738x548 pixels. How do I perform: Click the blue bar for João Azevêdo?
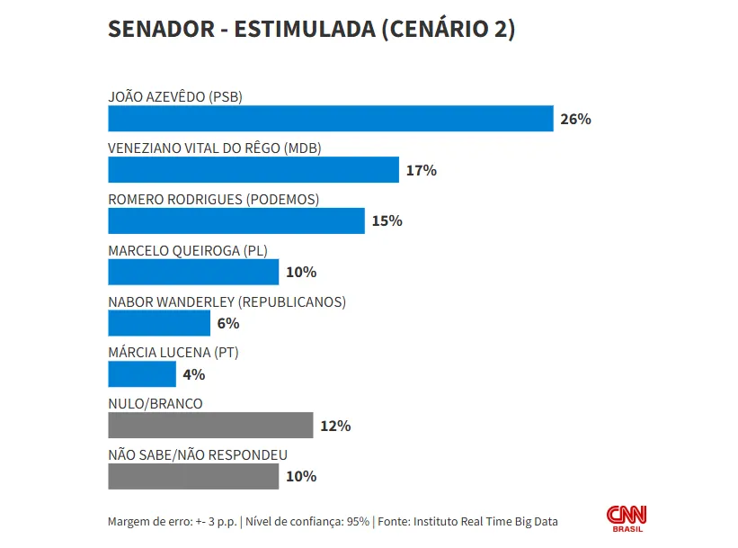point(330,119)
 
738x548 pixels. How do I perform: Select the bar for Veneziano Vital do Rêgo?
point(253,170)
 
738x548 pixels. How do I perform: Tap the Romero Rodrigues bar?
point(236,220)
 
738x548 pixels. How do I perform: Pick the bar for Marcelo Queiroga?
point(193,272)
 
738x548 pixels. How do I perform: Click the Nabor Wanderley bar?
point(159,323)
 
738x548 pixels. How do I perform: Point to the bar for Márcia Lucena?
point(142,374)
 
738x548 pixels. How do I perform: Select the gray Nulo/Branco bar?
point(210,426)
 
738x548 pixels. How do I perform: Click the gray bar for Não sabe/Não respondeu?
point(193,477)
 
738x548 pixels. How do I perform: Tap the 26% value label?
point(575,119)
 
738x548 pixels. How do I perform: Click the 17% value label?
point(421,170)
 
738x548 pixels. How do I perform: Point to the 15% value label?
point(387,220)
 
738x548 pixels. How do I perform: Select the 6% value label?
point(228,323)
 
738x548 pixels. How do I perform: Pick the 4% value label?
point(194,374)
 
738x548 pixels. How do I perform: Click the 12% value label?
point(335,426)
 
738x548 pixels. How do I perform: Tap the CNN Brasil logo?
point(627,517)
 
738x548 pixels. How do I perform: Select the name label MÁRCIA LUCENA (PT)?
point(173,353)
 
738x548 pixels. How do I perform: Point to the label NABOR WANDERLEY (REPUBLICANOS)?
point(227,302)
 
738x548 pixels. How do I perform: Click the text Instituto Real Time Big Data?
point(485,521)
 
